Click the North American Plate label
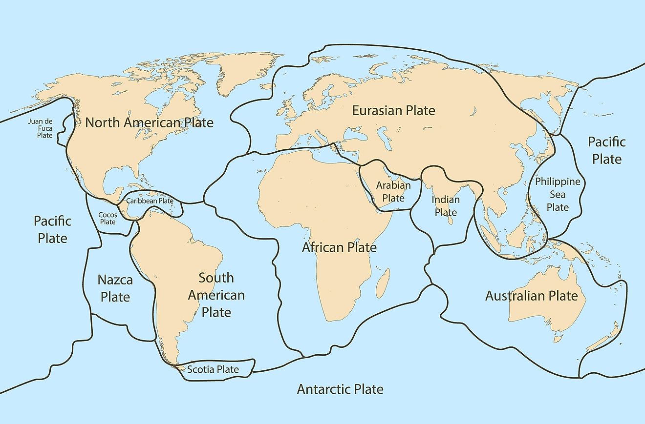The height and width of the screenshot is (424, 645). [149, 122]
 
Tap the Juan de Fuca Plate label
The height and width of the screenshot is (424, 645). [44, 128]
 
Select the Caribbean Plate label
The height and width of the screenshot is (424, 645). [150, 201]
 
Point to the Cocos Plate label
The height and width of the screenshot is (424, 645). [107, 218]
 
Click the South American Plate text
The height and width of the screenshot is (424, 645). [216, 295]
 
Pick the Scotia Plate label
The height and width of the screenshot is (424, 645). [213, 369]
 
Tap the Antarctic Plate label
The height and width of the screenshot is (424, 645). [340, 389]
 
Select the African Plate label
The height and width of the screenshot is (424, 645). [339, 247]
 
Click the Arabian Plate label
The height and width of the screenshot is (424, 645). [393, 192]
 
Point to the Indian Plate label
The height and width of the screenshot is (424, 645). [446, 206]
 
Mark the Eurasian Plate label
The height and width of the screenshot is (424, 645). [393, 111]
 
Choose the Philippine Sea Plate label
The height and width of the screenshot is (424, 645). [558, 194]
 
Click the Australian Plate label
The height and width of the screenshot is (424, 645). [531, 296]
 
